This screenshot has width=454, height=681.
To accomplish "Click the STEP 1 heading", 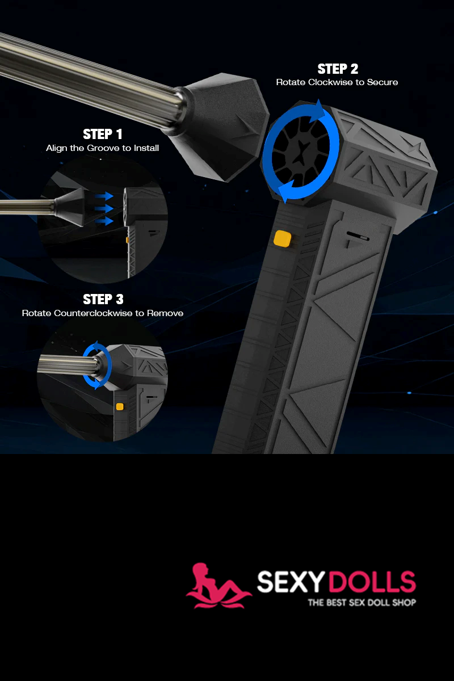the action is (x=103, y=134).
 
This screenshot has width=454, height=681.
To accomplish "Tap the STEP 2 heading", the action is (x=338, y=69).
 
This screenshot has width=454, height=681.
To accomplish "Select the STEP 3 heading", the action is (x=103, y=299).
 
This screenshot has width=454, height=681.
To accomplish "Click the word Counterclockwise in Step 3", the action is (x=93, y=313).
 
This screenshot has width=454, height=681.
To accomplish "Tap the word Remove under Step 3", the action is (x=165, y=313).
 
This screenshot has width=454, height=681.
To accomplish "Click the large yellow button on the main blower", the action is (x=282, y=238).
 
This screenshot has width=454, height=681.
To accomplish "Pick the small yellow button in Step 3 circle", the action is (x=120, y=406).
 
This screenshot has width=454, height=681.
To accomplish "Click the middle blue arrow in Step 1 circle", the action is (x=104, y=209).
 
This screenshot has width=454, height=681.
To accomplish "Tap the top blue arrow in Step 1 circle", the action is (x=104, y=196).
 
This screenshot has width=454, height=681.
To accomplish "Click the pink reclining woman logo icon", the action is (x=218, y=586).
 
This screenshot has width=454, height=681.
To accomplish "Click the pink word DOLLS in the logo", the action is (x=372, y=582).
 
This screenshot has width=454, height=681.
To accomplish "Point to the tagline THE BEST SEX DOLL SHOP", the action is (x=362, y=602).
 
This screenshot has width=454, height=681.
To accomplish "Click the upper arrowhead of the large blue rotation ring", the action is (x=318, y=110).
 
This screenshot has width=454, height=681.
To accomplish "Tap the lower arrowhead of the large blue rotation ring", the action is (x=287, y=191).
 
